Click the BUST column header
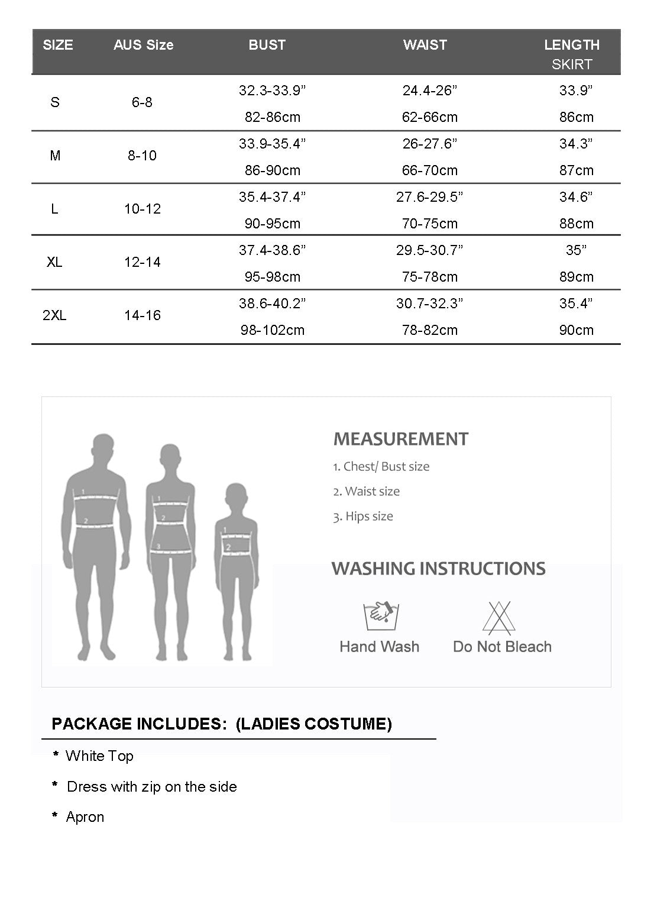267,45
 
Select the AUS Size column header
143,45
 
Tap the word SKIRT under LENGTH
571,64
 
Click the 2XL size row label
54,315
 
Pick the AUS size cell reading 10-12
143,209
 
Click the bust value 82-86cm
273,117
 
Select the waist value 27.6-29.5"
429,197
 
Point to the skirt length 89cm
576,277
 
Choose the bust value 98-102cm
273,330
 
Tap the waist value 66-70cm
429,170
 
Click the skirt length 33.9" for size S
576,91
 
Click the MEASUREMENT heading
400,439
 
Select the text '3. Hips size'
362,517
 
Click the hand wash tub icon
379,616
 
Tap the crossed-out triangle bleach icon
499,618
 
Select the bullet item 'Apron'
85,817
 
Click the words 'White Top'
99,756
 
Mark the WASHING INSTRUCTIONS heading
438,569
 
